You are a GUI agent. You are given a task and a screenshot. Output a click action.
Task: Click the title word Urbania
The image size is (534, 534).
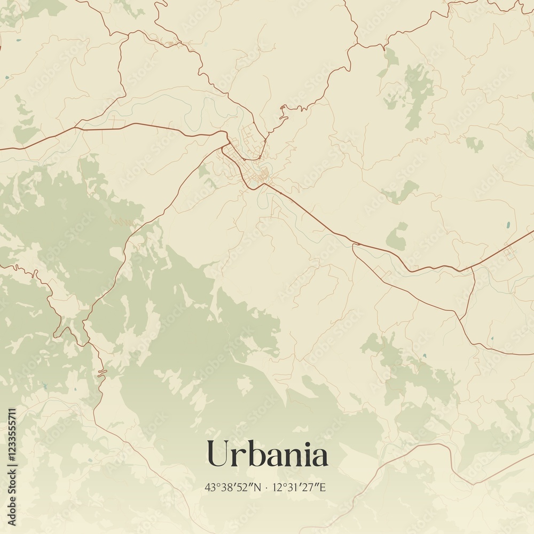click(267, 454)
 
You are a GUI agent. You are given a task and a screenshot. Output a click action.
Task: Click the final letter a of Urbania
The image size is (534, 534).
click(319, 457)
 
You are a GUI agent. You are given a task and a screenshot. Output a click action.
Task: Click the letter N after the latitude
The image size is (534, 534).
click(259, 488)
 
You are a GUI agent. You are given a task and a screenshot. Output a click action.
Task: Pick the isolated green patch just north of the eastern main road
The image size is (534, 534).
click(397, 237)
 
